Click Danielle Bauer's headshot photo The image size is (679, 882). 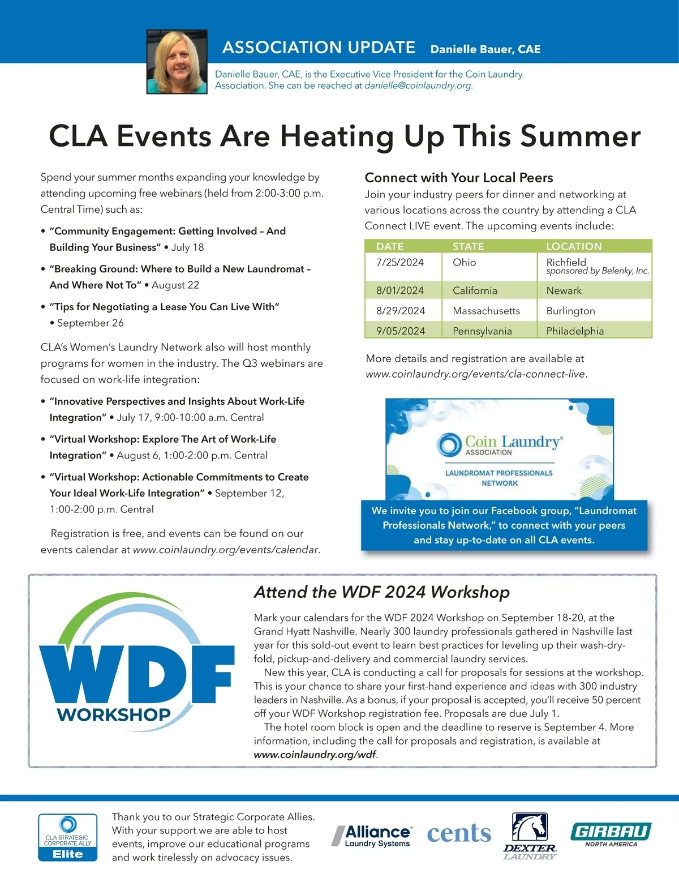(x=177, y=62)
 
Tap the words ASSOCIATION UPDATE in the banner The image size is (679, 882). (x=319, y=48)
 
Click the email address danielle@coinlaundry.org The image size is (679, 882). (x=418, y=86)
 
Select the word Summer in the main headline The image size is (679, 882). (x=580, y=136)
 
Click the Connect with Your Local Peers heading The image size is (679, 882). (x=459, y=178)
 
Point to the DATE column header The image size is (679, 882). (x=390, y=246)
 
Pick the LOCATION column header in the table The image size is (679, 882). (x=574, y=246)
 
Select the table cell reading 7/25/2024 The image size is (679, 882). (x=400, y=263)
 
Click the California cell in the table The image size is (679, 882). (x=475, y=290)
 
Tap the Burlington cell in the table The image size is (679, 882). (x=570, y=311)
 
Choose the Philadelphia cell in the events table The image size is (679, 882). (x=575, y=331)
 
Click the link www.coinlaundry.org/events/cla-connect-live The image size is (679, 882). (x=475, y=374)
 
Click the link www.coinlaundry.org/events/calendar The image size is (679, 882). (x=225, y=550)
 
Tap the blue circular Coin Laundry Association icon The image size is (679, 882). (x=449, y=444)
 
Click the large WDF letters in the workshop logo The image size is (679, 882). (x=136, y=674)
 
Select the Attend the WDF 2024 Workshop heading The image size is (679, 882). (x=382, y=592)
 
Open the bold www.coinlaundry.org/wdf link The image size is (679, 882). (x=315, y=755)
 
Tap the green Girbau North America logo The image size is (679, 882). (x=611, y=833)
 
